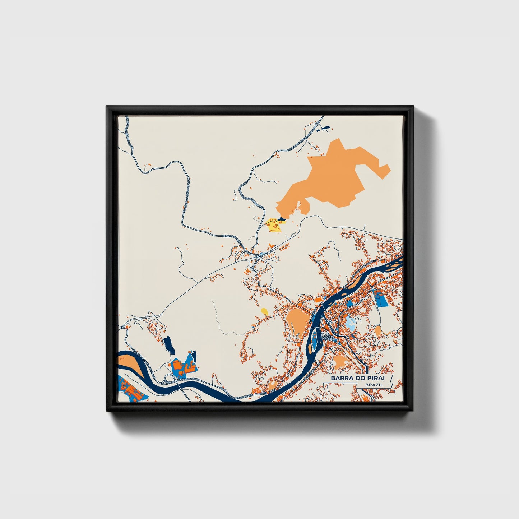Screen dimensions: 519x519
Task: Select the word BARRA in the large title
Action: pyautogui.click(x=342, y=378)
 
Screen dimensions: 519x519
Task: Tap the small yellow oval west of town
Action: pyautogui.click(x=264, y=311)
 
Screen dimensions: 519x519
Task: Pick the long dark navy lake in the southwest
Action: pyautogui.click(x=168, y=344)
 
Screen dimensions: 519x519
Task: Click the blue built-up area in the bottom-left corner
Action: pyautogui.click(x=129, y=390)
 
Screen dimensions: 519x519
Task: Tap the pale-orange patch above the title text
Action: pyautogui.click(x=341, y=362)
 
